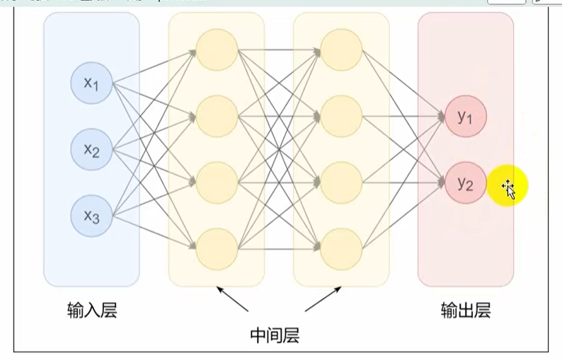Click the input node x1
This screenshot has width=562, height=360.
(x=91, y=83)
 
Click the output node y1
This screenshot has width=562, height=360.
(x=465, y=117)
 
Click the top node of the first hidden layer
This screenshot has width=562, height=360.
(x=216, y=50)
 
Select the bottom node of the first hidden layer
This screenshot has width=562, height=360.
(x=216, y=248)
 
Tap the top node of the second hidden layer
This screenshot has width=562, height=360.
(x=340, y=50)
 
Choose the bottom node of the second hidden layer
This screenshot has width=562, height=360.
(x=340, y=248)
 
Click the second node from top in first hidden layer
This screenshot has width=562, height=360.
(x=216, y=116)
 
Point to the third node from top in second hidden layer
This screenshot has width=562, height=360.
(x=340, y=182)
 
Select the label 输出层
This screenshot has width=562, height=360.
(x=465, y=310)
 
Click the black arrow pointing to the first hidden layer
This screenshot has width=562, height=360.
(x=233, y=299)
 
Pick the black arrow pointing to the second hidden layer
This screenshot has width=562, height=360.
(x=321, y=299)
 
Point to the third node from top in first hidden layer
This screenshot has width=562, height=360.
(x=216, y=182)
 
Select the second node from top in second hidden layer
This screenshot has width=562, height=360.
(x=340, y=116)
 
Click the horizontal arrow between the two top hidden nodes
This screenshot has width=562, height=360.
(x=278, y=50)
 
